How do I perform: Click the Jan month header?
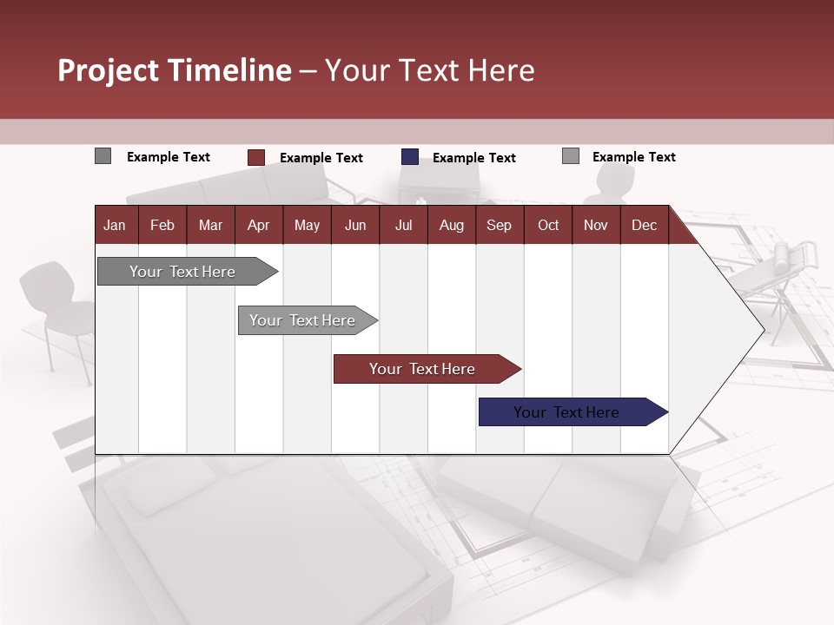click(x=115, y=225)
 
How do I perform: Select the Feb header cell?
click(x=162, y=225)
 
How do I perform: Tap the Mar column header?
click(x=210, y=225)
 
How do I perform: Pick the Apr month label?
click(x=258, y=225)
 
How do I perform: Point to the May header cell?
click(x=307, y=225)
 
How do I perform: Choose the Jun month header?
click(x=355, y=225)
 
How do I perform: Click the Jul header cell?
click(x=403, y=225)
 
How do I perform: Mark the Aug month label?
click(x=451, y=225)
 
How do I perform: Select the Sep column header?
click(x=499, y=225)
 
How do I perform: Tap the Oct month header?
click(x=548, y=225)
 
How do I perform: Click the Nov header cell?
click(x=596, y=225)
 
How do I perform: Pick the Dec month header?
click(x=644, y=225)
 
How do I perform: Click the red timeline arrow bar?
click(x=423, y=369)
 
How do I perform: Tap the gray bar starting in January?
click(x=183, y=272)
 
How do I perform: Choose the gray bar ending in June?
click(x=303, y=320)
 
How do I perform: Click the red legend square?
click(x=255, y=157)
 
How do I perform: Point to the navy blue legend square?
click(x=410, y=157)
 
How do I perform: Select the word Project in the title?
click(x=109, y=70)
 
